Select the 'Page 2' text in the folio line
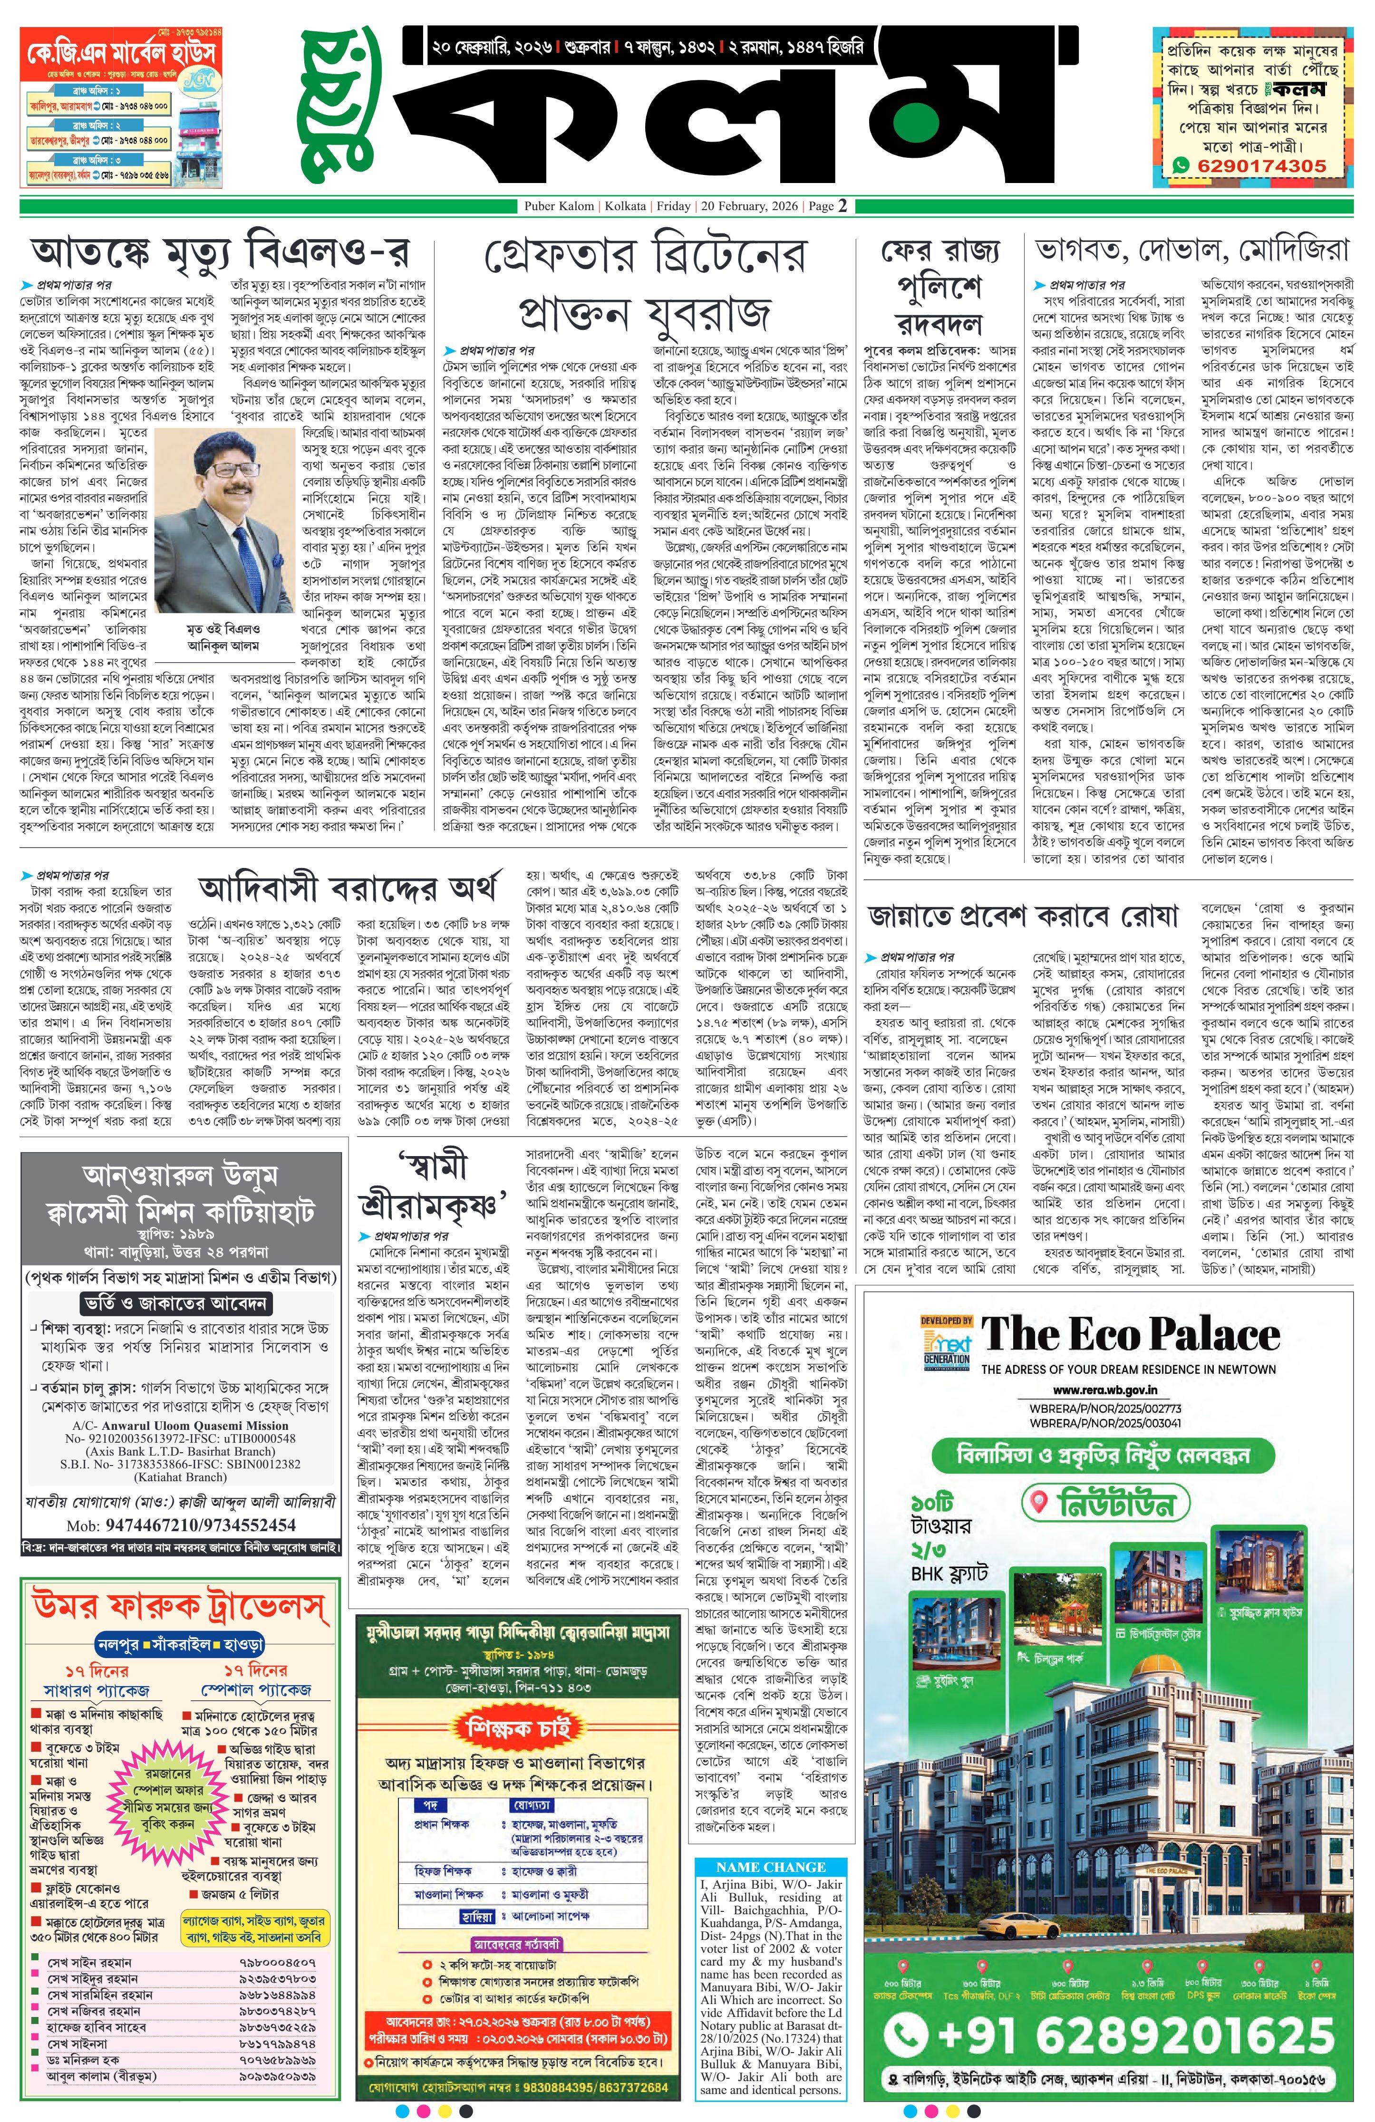click(x=827, y=206)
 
